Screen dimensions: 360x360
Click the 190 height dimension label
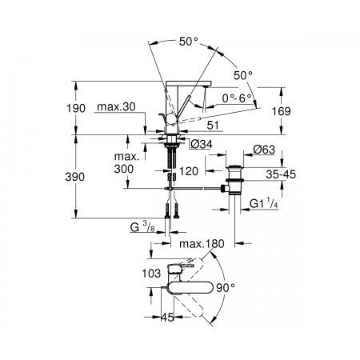click(x=76, y=109)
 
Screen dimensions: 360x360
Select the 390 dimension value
click(x=75, y=177)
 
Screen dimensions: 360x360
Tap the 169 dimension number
click(x=281, y=111)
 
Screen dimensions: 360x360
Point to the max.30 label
click(x=116, y=106)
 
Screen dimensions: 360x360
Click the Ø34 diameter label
click(x=202, y=144)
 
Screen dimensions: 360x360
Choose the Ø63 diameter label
click(x=264, y=150)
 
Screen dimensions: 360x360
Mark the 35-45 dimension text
click(x=281, y=174)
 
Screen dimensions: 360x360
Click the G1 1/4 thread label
click(x=264, y=204)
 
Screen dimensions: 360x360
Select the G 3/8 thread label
click(x=142, y=227)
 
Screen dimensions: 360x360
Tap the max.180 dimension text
click(x=202, y=244)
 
